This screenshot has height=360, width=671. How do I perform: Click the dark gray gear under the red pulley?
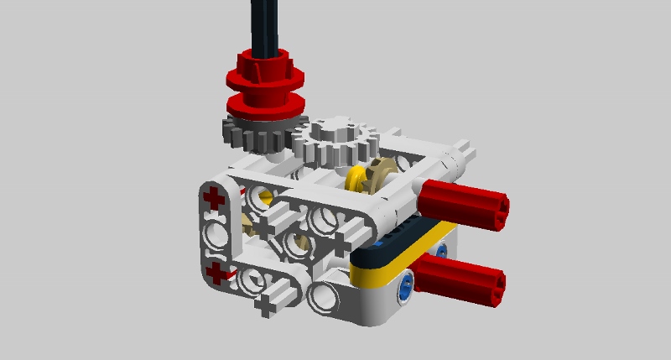point(252,134)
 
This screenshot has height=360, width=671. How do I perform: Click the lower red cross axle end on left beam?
point(216,273)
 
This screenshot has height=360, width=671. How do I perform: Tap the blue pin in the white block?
point(406,286)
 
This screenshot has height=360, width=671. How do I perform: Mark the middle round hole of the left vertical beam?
point(216,235)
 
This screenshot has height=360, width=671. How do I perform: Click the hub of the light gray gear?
point(333,130)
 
